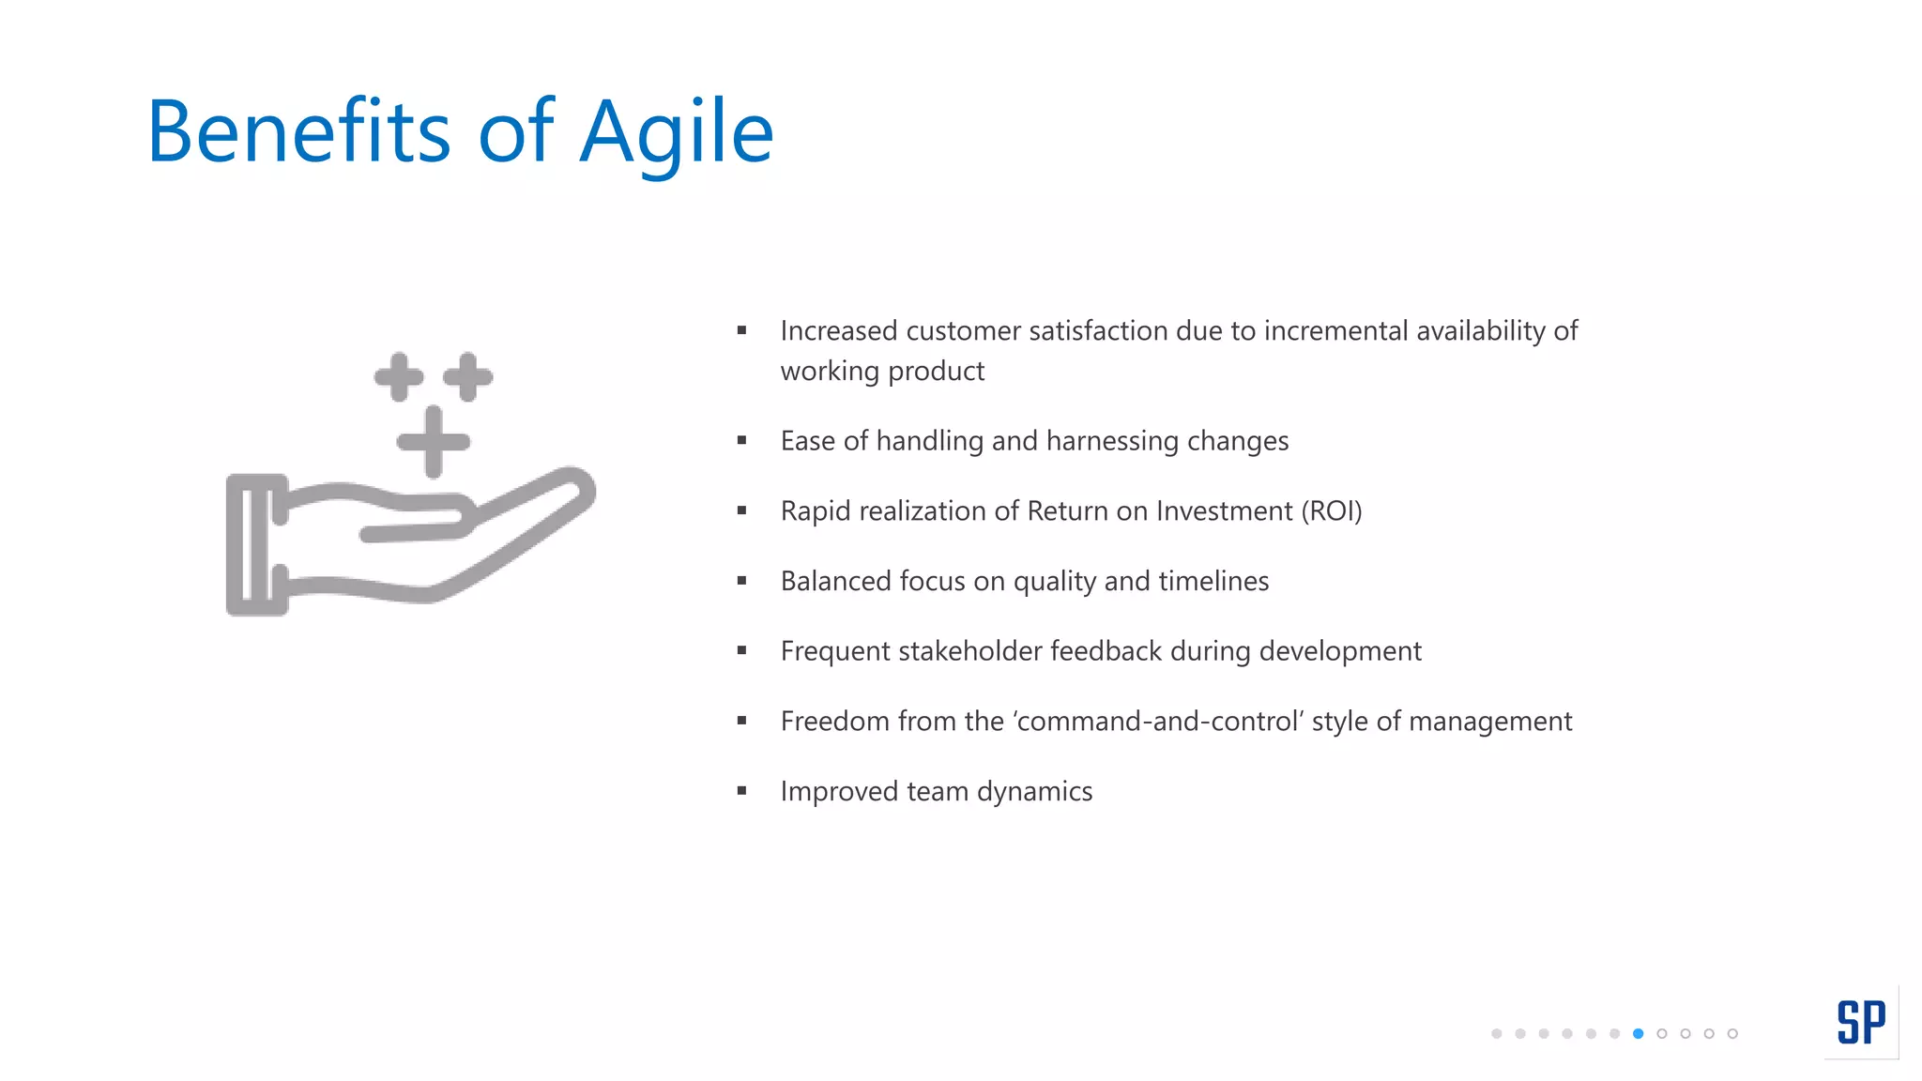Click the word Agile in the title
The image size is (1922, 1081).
tap(676, 133)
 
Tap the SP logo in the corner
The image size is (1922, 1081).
tap(1861, 1022)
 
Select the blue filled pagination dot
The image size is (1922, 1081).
tap(1638, 1033)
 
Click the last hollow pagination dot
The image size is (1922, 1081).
tap(1732, 1033)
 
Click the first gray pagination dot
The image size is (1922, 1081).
tap(1496, 1033)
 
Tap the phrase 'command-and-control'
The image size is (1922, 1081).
tap(1158, 721)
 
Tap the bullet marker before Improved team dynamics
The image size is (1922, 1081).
tap(741, 791)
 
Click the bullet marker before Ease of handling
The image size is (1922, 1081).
tap(741, 440)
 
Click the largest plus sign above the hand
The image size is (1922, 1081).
tap(433, 442)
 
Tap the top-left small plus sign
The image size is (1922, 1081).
tap(399, 377)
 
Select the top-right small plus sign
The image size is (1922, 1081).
tap(467, 377)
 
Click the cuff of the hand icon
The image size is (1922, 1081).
tap(255, 545)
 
